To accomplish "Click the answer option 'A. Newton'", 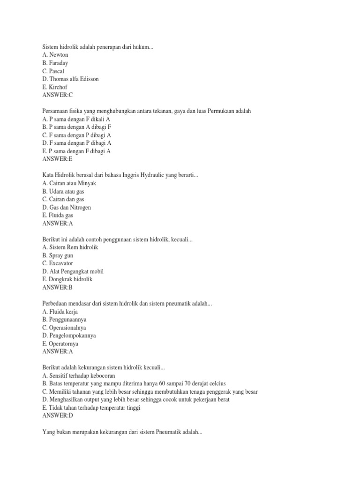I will click(x=55, y=55).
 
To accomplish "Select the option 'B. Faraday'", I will click(x=55, y=63).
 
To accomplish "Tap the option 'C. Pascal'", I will click(x=53, y=71).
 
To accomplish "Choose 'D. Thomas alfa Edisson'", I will click(x=70, y=79).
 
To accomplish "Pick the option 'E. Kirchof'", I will click(x=55, y=87).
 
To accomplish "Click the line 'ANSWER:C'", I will click(x=58, y=95).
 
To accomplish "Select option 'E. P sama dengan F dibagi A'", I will click(x=76, y=151).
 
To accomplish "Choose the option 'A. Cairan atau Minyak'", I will click(x=69, y=183).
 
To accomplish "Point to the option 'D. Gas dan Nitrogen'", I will click(x=66, y=207).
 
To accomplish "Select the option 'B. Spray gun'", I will click(x=58, y=255).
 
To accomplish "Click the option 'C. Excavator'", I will click(x=57, y=263).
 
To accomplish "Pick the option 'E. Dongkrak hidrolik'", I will click(x=67, y=279).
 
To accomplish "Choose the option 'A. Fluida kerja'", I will click(x=60, y=312).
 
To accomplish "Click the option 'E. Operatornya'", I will click(x=60, y=344).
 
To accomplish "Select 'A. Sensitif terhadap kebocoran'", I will click(x=78, y=376).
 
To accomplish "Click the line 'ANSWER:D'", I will click(x=58, y=416).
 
